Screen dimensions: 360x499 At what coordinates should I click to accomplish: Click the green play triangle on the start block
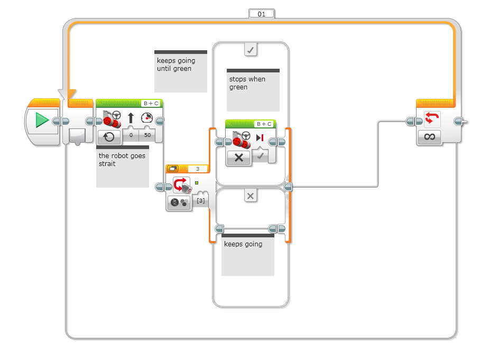coord(42,121)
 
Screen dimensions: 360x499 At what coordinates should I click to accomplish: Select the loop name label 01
coord(261,14)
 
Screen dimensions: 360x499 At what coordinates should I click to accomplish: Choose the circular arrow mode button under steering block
coord(108,136)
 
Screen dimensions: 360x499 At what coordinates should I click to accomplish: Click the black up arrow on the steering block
coord(131,118)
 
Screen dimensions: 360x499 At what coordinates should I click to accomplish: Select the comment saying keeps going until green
coord(180,71)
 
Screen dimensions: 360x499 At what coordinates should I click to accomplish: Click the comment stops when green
coord(253,89)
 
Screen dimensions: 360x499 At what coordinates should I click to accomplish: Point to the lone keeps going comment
coord(247,254)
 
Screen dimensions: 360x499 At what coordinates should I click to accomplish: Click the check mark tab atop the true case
coord(251,50)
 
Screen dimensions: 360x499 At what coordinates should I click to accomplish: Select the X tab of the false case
coord(251,196)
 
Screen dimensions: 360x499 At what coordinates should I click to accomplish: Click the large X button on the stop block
coord(238,158)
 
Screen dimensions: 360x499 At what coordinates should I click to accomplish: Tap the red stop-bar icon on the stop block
coord(260,139)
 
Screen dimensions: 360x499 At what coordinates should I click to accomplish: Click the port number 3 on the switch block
coord(198,169)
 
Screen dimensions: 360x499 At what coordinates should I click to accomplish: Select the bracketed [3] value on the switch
coord(200,200)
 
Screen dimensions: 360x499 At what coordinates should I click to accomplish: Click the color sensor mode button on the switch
coord(179,203)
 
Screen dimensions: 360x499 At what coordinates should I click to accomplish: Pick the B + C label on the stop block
coord(264,124)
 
